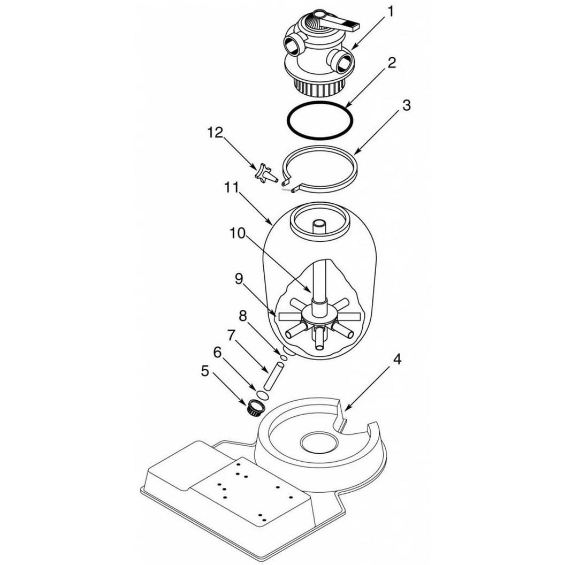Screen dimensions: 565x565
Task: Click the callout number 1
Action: (x=391, y=12)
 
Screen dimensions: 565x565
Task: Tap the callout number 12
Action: (x=215, y=132)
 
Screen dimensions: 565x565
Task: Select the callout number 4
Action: (x=396, y=359)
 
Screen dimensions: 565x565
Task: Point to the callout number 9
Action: (x=239, y=279)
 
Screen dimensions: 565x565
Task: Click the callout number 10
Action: (x=238, y=233)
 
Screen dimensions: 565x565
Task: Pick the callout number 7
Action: (x=231, y=335)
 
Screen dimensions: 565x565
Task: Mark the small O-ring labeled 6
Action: (x=263, y=395)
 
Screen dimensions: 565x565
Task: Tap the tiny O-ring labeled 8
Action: (x=284, y=358)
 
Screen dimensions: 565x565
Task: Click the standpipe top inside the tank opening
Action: (x=318, y=224)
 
